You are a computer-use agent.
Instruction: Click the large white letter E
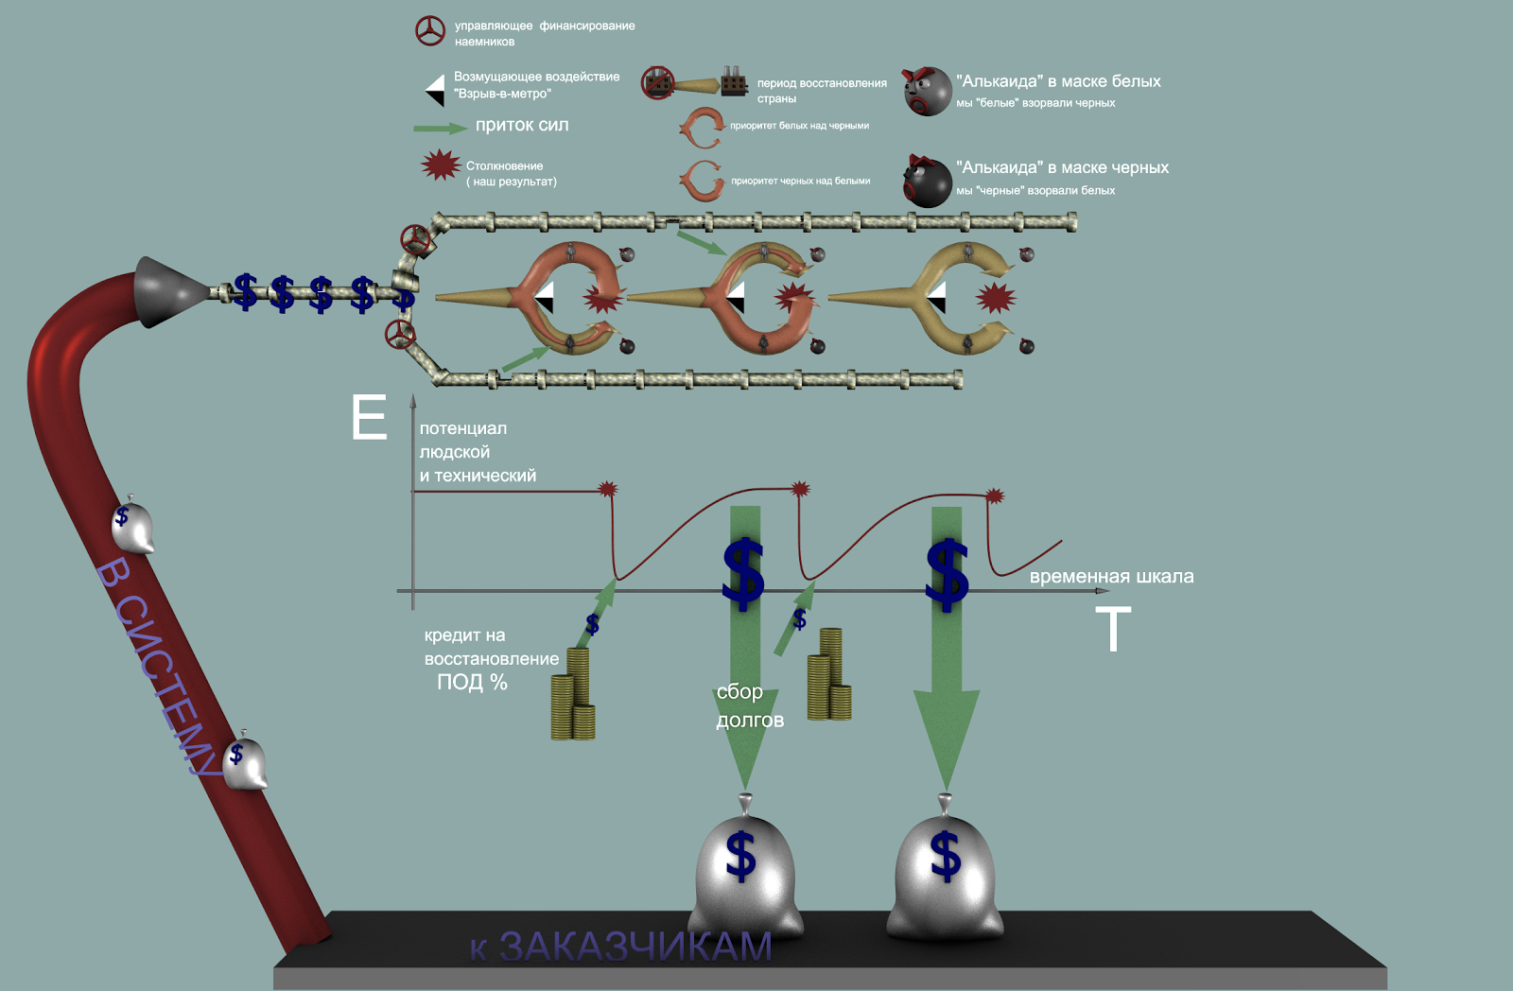pyautogui.click(x=369, y=418)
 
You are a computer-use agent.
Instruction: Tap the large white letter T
pyautogui.click(x=1113, y=630)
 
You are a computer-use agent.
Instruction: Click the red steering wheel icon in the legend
pyautogui.click(x=430, y=31)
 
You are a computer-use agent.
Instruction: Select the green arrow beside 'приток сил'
pyautogui.click(x=440, y=128)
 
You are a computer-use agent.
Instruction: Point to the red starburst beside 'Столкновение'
pyautogui.click(x=440, y=165)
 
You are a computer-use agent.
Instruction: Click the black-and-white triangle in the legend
pyautogui.click(x=435, y=90)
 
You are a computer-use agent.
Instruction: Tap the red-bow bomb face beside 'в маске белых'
pyautogui.click(x=927, y=91)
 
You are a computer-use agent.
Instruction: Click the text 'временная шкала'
pyautogui.click(x=1111, y=577)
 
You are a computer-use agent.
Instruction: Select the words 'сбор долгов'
pyautogui.click(x=749, y=705)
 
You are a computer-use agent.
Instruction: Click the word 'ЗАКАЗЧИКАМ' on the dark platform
pyautogui.click(x=635, y=947)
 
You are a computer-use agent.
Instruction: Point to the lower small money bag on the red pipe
pyautogui.click(x=245, y=762)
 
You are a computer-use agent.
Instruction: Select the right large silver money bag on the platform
pyautogui.click(x=945, y=870)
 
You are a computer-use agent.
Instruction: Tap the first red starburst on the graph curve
pyautogui.click(x=608, y=489)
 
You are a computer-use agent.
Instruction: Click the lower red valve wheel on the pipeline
pyautogui.click(x=400, y=334)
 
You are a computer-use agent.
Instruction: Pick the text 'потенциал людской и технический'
pyautogui.click(x=477, y=452)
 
